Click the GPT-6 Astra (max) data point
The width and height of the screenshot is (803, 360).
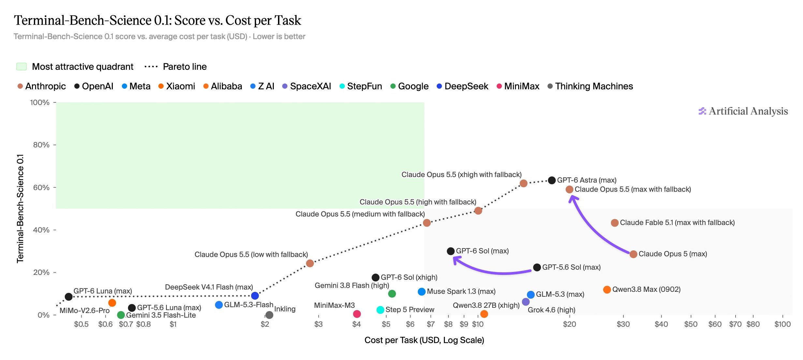point(552,180)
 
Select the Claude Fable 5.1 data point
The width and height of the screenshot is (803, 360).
point(615,223)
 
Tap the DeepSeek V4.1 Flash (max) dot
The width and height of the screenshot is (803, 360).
point(255,296)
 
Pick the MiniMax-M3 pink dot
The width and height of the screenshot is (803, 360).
point(357,314)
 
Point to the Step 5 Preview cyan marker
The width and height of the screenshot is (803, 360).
point(380,310)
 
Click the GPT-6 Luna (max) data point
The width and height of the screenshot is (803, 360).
point(68,297)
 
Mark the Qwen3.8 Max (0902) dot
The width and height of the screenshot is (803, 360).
point(607,290)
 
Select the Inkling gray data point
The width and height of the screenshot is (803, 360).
point(269,315)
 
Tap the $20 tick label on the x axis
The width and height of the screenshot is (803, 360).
point(569,324)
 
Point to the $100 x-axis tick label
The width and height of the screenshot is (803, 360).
point(782,324)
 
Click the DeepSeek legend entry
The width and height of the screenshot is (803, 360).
point(462,86)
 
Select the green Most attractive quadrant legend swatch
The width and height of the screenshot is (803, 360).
point(22,67)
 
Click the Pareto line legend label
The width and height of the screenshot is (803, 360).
point(185,67)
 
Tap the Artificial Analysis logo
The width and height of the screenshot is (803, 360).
point(743,111)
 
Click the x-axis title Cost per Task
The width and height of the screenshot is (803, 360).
point(424,340)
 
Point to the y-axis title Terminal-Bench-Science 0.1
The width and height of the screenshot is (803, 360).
point(20,208)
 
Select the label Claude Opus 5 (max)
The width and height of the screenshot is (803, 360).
point(673,254)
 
